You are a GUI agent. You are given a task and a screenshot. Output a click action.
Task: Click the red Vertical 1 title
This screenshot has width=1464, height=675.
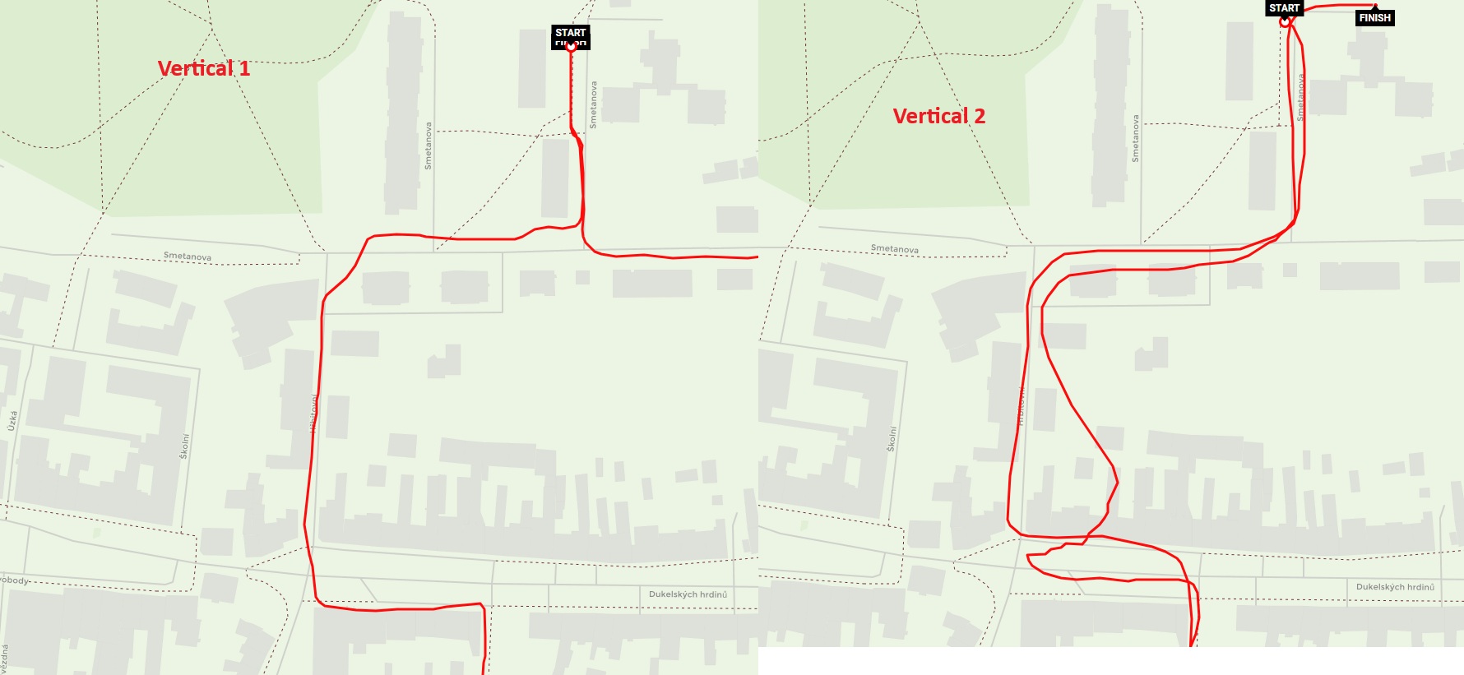[x=203, y=68]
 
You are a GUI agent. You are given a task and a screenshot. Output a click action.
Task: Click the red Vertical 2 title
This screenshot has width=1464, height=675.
[x=938, y=116]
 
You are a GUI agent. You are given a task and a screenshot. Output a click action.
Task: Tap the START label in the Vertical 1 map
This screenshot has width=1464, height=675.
[x=570, y=33]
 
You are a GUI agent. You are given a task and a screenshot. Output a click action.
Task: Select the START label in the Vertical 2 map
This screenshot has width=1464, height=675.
[x=1284, y=8]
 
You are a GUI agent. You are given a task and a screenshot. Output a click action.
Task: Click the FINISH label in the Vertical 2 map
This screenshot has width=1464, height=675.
[x=1374, y=18]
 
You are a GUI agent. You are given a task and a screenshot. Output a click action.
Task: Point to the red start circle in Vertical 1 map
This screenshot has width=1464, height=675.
[x=571, y=47]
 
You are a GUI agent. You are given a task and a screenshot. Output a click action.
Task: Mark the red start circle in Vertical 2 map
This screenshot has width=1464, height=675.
[x=1285, y=22]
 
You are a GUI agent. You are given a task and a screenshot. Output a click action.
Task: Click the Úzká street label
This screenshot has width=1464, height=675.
[x=12, y=421]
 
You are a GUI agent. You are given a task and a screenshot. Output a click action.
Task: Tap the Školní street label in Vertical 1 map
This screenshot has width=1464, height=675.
[x=184, y=446]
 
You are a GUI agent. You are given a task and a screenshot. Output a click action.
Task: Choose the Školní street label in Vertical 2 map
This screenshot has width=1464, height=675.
[x=892, y=438]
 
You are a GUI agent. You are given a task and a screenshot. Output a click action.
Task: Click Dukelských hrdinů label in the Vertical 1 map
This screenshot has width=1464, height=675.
[x=688, y=594]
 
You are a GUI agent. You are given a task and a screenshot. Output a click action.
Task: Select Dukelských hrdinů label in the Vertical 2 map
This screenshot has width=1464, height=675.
[x=1395, y=587]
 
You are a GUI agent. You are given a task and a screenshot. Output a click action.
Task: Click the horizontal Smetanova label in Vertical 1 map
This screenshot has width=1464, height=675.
[x=187, y=257]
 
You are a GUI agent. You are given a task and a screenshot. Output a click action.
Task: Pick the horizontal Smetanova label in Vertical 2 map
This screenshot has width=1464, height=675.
[x=894, y=249]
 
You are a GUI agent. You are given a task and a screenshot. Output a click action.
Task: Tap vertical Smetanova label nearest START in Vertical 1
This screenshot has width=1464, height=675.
[x=593, y=104]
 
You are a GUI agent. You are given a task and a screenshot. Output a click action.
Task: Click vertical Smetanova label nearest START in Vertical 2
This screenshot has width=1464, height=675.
[x=1300, y=98]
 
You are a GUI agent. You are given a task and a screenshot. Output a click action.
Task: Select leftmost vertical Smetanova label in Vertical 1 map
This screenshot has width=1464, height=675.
[x=428, y=146]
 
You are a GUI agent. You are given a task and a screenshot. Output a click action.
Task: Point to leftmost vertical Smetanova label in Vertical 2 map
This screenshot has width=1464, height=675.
[x=1135, y=138]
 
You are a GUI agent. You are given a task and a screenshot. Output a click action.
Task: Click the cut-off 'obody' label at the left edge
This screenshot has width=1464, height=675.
[x=15, y=580]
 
